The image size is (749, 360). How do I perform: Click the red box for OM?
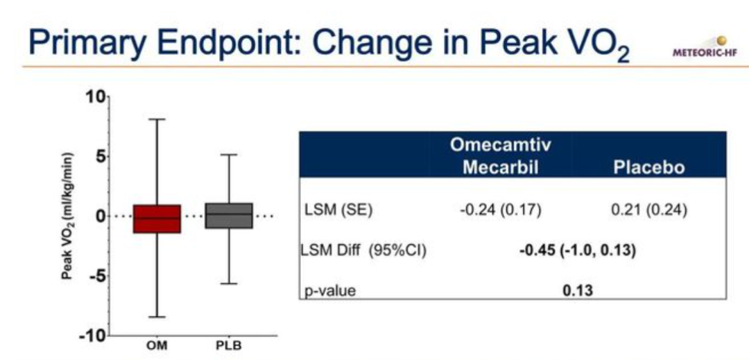click(x=157, y=218)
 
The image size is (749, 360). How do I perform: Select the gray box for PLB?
click(x=229, y=216)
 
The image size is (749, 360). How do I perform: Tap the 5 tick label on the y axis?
click(x=100, y=157)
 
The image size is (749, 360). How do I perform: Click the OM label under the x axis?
click(x=157, y=345)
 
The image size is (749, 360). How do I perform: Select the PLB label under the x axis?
click(x=229, y=345)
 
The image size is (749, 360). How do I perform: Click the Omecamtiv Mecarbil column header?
click(x=500, y=155)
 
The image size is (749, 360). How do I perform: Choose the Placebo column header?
click(x=648, y=168)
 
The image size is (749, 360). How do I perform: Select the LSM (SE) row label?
click(x=338, y=211)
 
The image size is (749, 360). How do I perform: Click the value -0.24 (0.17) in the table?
click(x=500, y=211)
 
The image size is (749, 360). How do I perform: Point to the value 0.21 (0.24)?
click(x=649, y=211)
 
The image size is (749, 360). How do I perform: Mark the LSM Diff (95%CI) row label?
click(x=363, y=250)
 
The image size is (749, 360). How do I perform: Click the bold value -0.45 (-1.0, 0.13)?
click(x=578, y=250)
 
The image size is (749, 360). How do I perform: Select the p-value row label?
click(x=330, y=291)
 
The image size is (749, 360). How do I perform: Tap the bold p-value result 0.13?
click(x=578, y=291)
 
